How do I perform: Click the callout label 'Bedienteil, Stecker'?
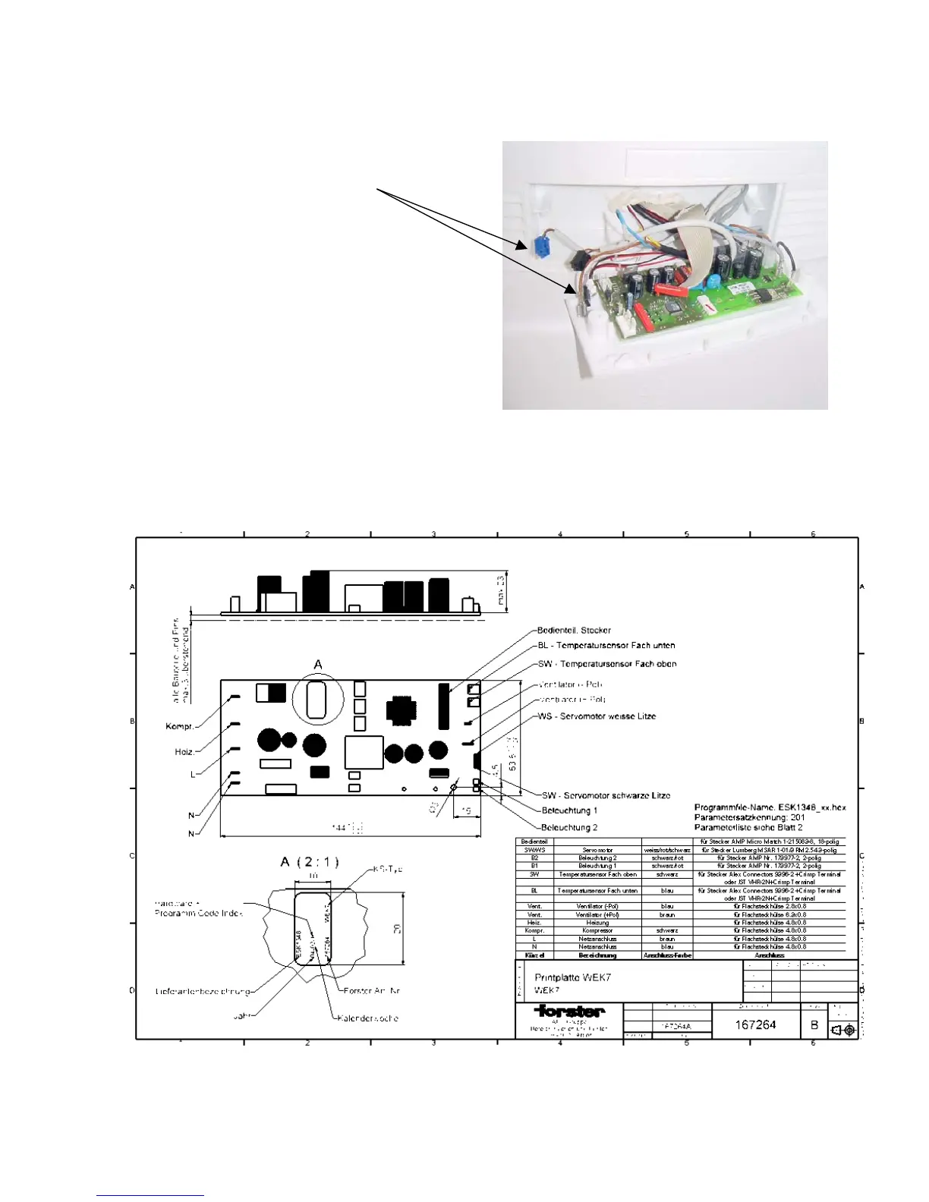click(x=574, y=630)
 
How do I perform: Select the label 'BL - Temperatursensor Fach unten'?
click(x=606, y=645)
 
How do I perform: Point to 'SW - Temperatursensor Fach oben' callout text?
click(x=607, y=664)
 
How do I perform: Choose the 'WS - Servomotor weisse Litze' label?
click(x=597, y=716)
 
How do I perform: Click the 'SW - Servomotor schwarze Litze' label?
click(x=606, y=795)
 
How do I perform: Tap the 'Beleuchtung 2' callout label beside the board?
click(x=569, y=827)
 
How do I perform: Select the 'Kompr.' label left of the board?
click(x=180, y=726)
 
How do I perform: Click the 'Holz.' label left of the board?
click(x=184, y=752)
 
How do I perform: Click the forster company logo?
click(x=569, y=1011)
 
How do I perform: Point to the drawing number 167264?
click(x=755, y=1024)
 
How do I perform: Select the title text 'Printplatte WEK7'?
click(x=572, y=977)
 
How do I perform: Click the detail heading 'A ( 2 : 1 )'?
click(x=309, y=862)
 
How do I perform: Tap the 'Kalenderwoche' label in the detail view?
click(x=368, y=1018)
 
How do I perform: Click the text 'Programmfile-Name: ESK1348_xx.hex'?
click(x=770, y=807)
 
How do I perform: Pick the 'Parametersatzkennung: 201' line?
click(x=749, y=817)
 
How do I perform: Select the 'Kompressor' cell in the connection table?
click(x=597, y=930)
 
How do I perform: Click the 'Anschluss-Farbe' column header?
click(x=667, y=955)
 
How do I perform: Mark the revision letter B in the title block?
click(x=814, y=1024)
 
